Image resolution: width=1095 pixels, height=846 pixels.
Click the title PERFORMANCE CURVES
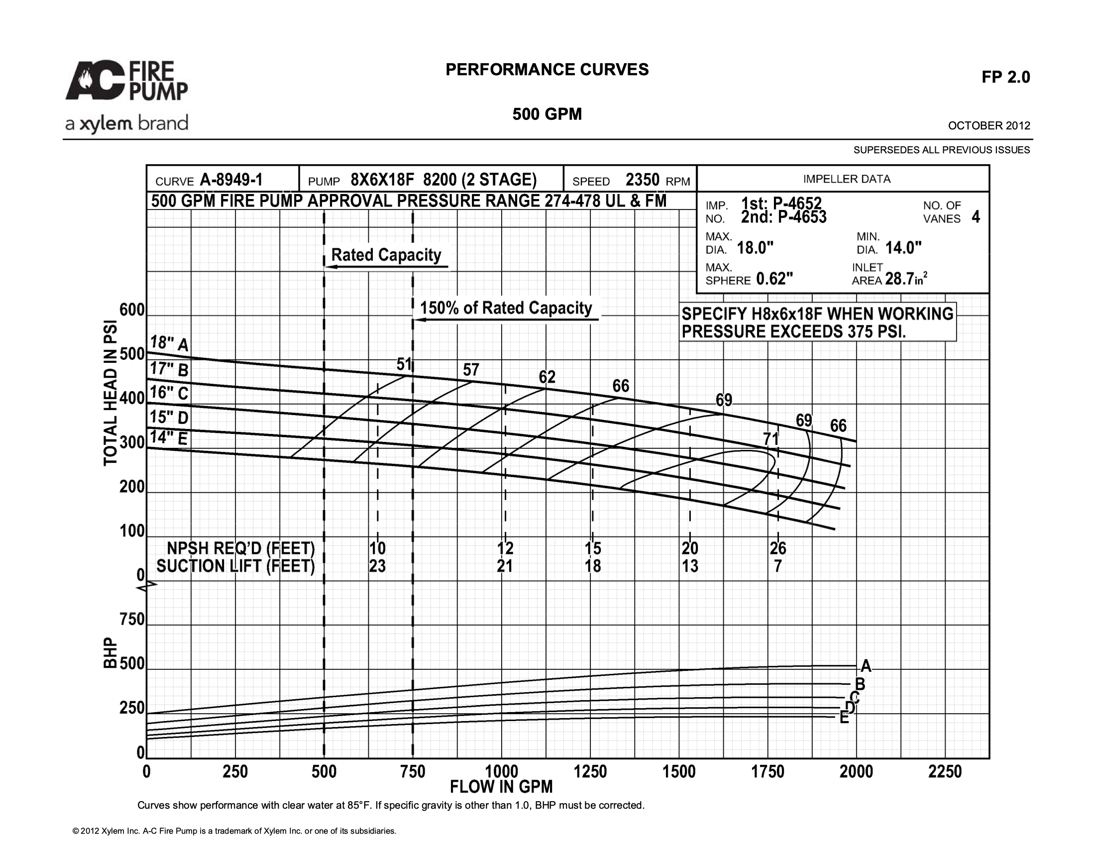click(x=547, y=70)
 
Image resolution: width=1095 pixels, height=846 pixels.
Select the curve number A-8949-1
click(x=231, y=180)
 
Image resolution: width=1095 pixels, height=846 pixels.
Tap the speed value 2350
click(x=642, y=180)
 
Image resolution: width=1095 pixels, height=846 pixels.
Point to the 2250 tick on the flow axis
click(x=945, y=771)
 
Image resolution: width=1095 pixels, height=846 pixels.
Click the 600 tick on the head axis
click(x=132, y=310)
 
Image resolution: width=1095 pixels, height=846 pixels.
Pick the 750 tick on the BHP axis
click(x=132, y=620)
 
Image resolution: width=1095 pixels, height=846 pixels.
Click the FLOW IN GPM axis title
click(x=501, y=787)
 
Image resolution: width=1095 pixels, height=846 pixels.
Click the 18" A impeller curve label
click(x=169, y=343)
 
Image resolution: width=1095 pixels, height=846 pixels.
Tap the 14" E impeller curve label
click(x=168, y=437)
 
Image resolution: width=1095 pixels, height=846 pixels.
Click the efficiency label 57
click(x=471, y=370)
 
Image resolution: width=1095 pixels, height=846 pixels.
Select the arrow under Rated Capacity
click(x=387, y=267)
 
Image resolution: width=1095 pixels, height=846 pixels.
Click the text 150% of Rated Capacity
click(x=506, y=308)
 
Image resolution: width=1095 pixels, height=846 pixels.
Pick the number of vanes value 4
click(x=976, y=217)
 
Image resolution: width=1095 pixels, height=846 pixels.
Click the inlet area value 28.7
click(x=899, y=279)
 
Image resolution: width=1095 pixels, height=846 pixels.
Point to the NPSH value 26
click(x=778, y=548)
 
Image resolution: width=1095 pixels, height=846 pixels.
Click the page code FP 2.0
click(x=1006, y=77)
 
